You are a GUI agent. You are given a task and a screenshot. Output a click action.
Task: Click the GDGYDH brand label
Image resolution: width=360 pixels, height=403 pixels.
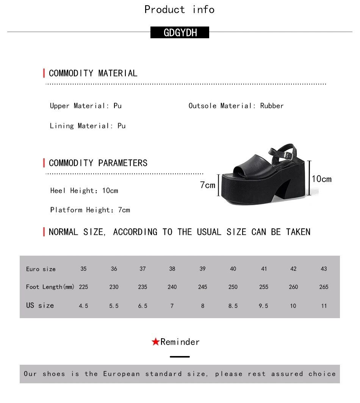(x=180, y=33)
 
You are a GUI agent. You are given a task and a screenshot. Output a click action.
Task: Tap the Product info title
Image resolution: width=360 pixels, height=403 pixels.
(x=180, y=9)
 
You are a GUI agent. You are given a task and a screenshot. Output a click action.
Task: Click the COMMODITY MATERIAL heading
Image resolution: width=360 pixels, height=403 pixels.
(x=93, y=73)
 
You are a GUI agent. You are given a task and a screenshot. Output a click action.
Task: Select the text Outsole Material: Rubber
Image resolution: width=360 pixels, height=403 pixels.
(x=236, y=106)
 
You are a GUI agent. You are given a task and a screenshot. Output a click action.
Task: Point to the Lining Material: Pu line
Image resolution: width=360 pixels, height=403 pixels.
(x=88, y=126)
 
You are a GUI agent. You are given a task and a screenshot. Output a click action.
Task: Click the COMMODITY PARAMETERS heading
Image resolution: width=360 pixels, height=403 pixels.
(x=98, y=163)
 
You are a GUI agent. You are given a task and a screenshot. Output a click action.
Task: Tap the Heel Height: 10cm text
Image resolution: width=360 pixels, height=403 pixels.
(x=84, y=191)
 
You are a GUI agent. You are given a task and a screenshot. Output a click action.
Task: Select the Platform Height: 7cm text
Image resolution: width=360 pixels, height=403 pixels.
(x=90, y=210)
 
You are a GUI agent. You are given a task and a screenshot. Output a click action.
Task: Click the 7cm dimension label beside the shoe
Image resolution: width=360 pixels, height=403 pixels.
(x=207, y=185)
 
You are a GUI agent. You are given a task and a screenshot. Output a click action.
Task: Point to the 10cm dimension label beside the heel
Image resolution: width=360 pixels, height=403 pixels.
(x=321, y=179)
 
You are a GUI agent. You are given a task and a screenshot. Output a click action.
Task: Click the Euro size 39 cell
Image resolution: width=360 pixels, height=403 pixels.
(x=202, y=269)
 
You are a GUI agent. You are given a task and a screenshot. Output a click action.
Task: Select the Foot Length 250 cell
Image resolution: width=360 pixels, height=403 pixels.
(x=233, y=287)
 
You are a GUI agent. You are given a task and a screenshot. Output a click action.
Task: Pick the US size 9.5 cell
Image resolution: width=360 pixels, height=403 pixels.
(x=263, y=306)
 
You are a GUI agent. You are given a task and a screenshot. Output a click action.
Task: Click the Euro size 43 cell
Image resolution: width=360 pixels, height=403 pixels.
(x=324, y=269)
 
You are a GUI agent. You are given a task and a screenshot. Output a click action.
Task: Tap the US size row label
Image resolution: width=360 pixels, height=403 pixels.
(x=40, y=305)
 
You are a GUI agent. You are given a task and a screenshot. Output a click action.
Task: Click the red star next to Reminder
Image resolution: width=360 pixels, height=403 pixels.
(x=155, y=342)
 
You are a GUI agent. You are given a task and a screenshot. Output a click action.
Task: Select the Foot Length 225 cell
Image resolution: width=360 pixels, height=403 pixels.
(x=83, y=287)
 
